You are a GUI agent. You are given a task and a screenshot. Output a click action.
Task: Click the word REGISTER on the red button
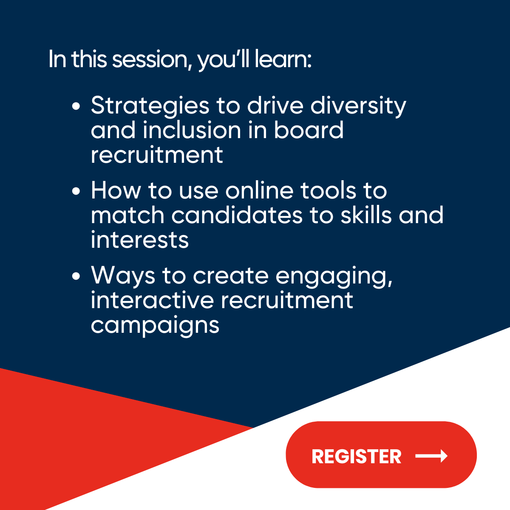coord(356,456)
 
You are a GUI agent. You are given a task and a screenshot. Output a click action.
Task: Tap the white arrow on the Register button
coord(431,456)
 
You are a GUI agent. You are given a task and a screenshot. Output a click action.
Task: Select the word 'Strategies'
coord(150,106)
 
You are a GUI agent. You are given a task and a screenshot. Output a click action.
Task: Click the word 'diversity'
coord(358,106)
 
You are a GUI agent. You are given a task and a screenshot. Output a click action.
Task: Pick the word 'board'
coord(309,130)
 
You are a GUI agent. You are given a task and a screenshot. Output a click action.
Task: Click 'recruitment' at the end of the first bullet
coord(157,155)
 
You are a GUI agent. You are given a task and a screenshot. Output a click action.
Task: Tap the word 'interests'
coord(139,240)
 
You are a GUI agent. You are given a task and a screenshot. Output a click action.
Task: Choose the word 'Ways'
coord(123,276)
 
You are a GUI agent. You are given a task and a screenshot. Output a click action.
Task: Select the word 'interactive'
coord(152,300)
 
